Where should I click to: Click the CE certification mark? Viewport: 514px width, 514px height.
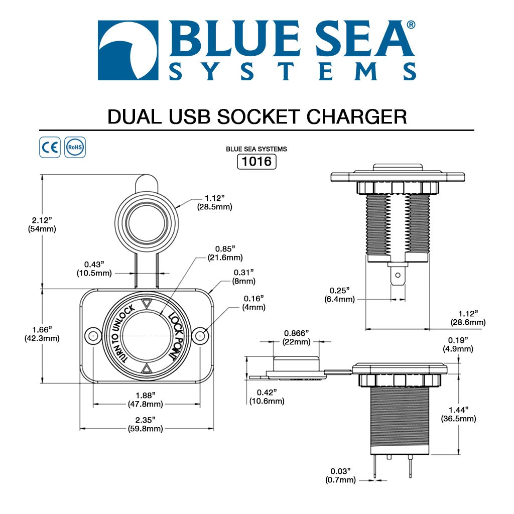[x=50, y=148]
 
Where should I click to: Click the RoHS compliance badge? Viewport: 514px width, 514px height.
[x=75, y=148]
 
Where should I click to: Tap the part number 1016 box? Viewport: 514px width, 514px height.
[x=256, y=162]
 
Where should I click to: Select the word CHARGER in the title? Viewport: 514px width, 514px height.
[x=357, y=116]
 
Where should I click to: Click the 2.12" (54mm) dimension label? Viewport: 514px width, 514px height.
[x=42, y=224]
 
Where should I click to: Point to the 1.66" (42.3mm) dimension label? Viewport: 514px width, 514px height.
[x=42, y=334]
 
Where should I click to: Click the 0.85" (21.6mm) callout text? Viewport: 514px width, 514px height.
[x=225, y=253]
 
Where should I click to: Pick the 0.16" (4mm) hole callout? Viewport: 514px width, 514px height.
[x=254, y=303]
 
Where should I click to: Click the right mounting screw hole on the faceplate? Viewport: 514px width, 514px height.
[x=201, y=335]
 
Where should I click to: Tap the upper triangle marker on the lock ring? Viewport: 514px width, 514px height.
[x=147, y=304]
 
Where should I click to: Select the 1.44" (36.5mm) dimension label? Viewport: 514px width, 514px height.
[x=458, y=414]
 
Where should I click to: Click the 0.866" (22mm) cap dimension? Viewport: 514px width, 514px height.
[x=296, y=337]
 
